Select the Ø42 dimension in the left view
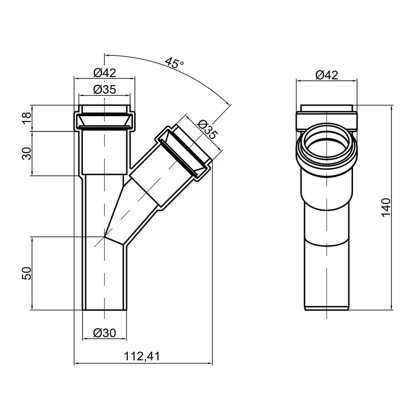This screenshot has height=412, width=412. (x=104, y=72)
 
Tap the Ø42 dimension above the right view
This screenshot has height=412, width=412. (x=326, y=75)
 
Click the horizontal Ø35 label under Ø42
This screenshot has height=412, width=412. (x=104, y=89)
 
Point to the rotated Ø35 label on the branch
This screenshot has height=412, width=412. (x=206, y=130)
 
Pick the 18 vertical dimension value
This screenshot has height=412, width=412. (x=27, y=118)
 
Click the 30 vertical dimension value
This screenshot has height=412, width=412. (x=27, y=153)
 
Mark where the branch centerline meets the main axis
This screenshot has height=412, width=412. (x=105, y=236)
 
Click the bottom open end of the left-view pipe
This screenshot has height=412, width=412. (x=105, y=309)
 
